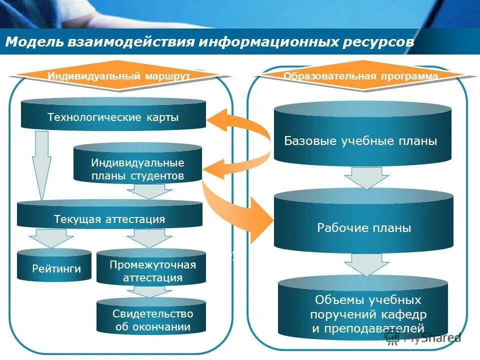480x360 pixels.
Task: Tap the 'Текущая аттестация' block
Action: coord(109,219)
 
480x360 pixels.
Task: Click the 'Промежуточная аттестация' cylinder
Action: coord(151,271)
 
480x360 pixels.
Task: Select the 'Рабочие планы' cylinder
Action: coord(363,228)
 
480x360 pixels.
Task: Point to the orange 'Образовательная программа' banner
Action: coord(360,76)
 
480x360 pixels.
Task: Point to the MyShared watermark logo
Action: coord(422,338)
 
